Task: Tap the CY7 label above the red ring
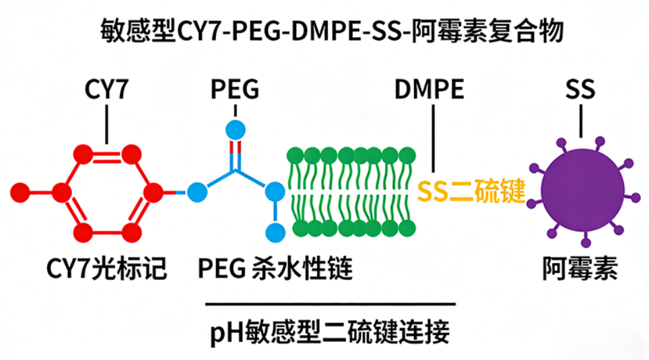tap(106, 89)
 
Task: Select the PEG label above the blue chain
tap(234, 89)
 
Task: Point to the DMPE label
tap(430, 89)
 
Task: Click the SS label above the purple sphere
tap(580, 89)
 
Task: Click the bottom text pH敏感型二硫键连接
tap(330, 332)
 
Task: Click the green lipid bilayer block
tap(351, 192)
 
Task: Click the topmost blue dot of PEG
tap(234, 129)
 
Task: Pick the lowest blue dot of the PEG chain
tap(274, 233)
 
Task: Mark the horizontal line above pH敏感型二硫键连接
tap(330, 303)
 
